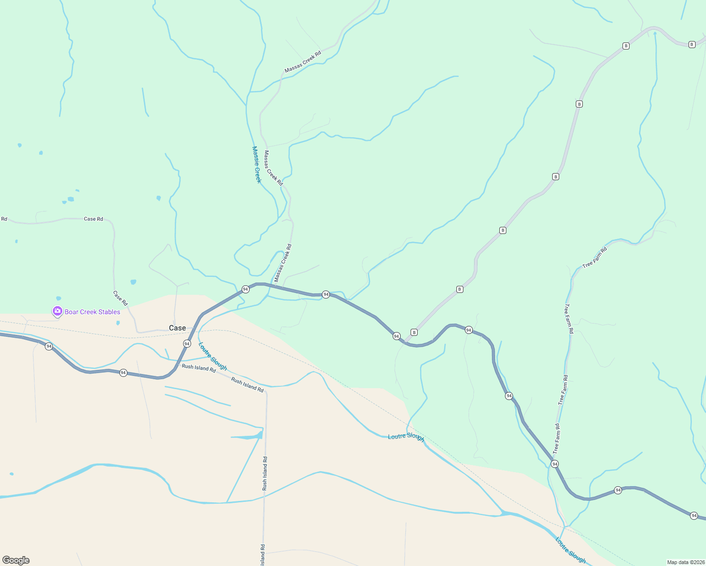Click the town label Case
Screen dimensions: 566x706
177,328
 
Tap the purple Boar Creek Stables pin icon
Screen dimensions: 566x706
58,311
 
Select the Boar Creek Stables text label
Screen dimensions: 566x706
92,312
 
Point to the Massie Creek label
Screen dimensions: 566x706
257,165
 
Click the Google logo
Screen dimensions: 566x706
16,560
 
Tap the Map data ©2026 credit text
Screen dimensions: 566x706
685,562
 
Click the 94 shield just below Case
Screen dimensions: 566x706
187,344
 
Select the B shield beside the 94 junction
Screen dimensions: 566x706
414,332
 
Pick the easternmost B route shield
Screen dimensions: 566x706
692,44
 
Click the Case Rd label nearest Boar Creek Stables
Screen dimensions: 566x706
120,298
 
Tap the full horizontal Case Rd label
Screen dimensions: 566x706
93,219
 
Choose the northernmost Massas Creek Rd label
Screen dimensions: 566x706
303,62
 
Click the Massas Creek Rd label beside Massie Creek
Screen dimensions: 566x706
273,168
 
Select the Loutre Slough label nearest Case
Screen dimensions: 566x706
212,356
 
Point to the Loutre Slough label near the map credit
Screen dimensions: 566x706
571,550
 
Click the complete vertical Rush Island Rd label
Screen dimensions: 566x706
265,474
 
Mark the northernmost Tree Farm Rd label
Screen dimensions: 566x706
595,258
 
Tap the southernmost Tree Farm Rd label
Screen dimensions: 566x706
557,439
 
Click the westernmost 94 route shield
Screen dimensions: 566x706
49,346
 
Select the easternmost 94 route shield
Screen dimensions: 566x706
694,516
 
